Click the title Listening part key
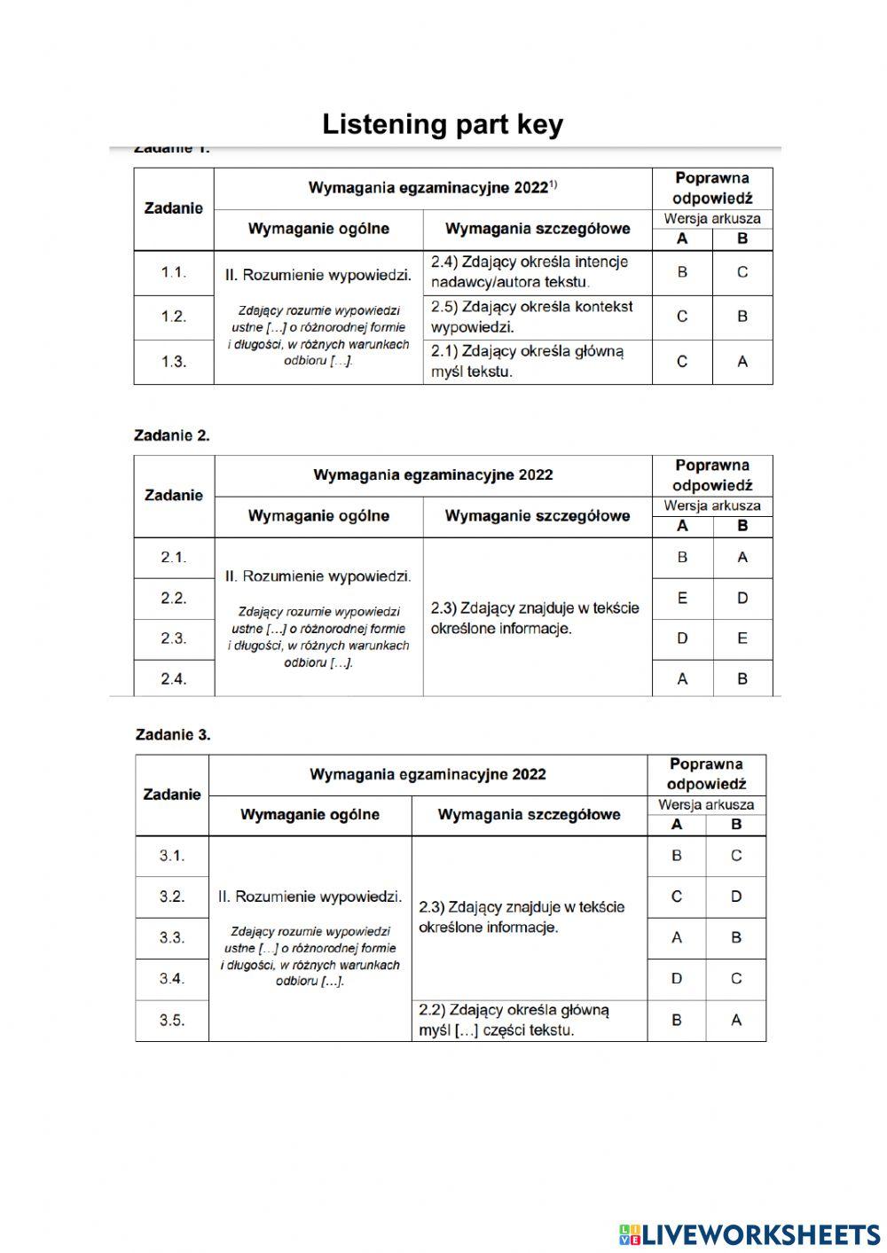coord(443,124)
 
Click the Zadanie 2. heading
coord(172,435)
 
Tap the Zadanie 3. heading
coord(173,734)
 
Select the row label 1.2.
coord(174,317)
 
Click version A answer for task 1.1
coord(682,272)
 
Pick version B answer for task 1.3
coord(742,362)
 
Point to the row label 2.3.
coord(174,638)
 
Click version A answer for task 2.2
coord(682,599)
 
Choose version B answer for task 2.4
coord(742,679)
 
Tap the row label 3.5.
coord(172,1021)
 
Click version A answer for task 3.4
coord(677,979)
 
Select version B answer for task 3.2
coord(736,897)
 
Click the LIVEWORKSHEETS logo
coord(750,1234)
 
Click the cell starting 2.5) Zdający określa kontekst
coord(532,317)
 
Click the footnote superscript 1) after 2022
coord(553,184)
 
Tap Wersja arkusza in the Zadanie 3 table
coord(706,805)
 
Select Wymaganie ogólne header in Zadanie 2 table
coord(318,516)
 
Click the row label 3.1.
coord(172,856)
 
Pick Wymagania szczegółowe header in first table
coord(538,229)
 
